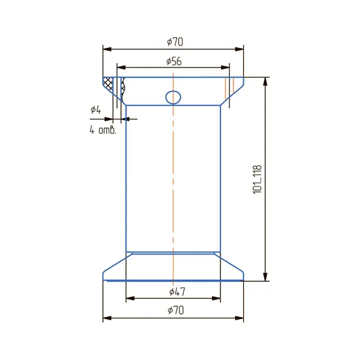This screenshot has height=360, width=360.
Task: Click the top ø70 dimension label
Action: click(175, 42)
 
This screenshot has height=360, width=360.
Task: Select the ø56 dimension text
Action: click(174, 61)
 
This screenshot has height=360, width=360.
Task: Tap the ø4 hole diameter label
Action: click(95, 109)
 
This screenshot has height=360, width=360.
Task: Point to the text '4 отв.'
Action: click(103, 130)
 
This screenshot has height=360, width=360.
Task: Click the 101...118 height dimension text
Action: click(257, 179)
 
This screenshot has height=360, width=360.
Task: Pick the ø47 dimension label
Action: click(177, 292)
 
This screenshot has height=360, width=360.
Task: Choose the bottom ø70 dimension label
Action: click(176, 310)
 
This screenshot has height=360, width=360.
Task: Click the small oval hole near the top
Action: click(173, 97)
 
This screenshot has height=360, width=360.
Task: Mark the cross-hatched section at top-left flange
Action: click(108, 83)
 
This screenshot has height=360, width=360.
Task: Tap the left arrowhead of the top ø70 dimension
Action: click(107, 49)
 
